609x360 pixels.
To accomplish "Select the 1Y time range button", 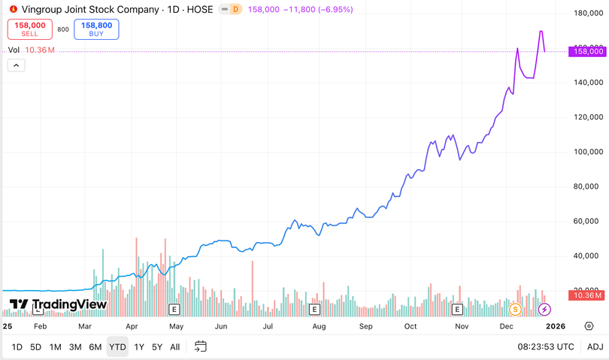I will pos(139,346).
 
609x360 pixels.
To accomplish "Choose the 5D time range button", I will pos(35,346).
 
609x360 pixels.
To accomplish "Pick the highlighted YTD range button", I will pos(117,346).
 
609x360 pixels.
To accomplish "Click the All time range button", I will pos(174,346).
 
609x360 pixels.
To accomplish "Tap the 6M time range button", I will pos(95,346).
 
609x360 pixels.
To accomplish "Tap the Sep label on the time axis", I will pos(366,327).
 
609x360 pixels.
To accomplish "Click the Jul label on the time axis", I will pos(268,327).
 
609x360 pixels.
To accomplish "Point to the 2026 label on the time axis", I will pos(555,327).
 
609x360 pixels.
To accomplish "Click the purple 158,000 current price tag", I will pos(589,51).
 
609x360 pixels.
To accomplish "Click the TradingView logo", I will pos(58,304).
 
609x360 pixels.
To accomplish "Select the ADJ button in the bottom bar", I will pos(595,346).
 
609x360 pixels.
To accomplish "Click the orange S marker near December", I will pos(515,309).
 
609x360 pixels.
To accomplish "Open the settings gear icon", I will pos(589,326).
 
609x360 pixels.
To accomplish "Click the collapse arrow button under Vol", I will pos(16,65).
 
